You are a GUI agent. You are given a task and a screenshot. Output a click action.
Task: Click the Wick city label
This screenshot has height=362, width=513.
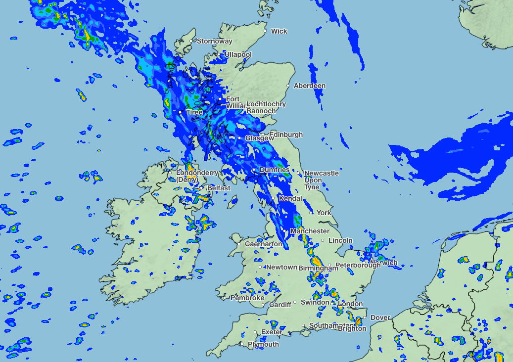click(279, 31)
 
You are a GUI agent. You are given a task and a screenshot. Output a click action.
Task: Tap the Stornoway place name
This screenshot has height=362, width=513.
click(214, 42)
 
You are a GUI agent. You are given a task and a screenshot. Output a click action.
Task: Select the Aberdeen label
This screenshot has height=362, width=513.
click(310, 86)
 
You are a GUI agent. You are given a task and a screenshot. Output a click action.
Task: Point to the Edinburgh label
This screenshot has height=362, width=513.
click(286, 135)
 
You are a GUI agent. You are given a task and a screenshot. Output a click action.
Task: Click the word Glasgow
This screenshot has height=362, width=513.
click(259, 138)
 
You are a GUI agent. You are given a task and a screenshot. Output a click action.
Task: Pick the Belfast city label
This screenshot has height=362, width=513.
click(219, 188)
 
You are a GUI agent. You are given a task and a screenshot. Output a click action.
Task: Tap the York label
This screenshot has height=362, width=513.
click(324, 213)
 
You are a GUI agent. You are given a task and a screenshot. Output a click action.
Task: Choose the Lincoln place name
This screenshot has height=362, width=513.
click(340, 240)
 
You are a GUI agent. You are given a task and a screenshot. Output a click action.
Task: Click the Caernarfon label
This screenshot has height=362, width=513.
click(264, 244)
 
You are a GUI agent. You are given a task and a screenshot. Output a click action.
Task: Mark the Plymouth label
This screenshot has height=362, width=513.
click(263, 345)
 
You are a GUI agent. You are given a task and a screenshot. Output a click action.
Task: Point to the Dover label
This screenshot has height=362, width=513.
click(380, 317)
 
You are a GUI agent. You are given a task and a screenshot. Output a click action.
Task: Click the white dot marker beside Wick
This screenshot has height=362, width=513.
click(265, 31)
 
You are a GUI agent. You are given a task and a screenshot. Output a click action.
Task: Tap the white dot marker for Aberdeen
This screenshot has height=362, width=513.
click(288, 86)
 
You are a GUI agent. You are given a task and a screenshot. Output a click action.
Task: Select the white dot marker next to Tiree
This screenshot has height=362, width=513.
click(180, 113)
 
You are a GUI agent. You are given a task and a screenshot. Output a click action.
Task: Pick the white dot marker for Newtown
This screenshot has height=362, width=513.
click(261, 268)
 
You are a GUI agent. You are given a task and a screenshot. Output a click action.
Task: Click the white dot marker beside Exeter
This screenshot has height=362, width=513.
click(255, 332)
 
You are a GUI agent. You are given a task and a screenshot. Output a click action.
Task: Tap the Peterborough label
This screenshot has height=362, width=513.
click(358, 265)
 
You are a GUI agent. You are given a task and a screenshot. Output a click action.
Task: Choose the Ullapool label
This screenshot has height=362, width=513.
click(238, 54)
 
